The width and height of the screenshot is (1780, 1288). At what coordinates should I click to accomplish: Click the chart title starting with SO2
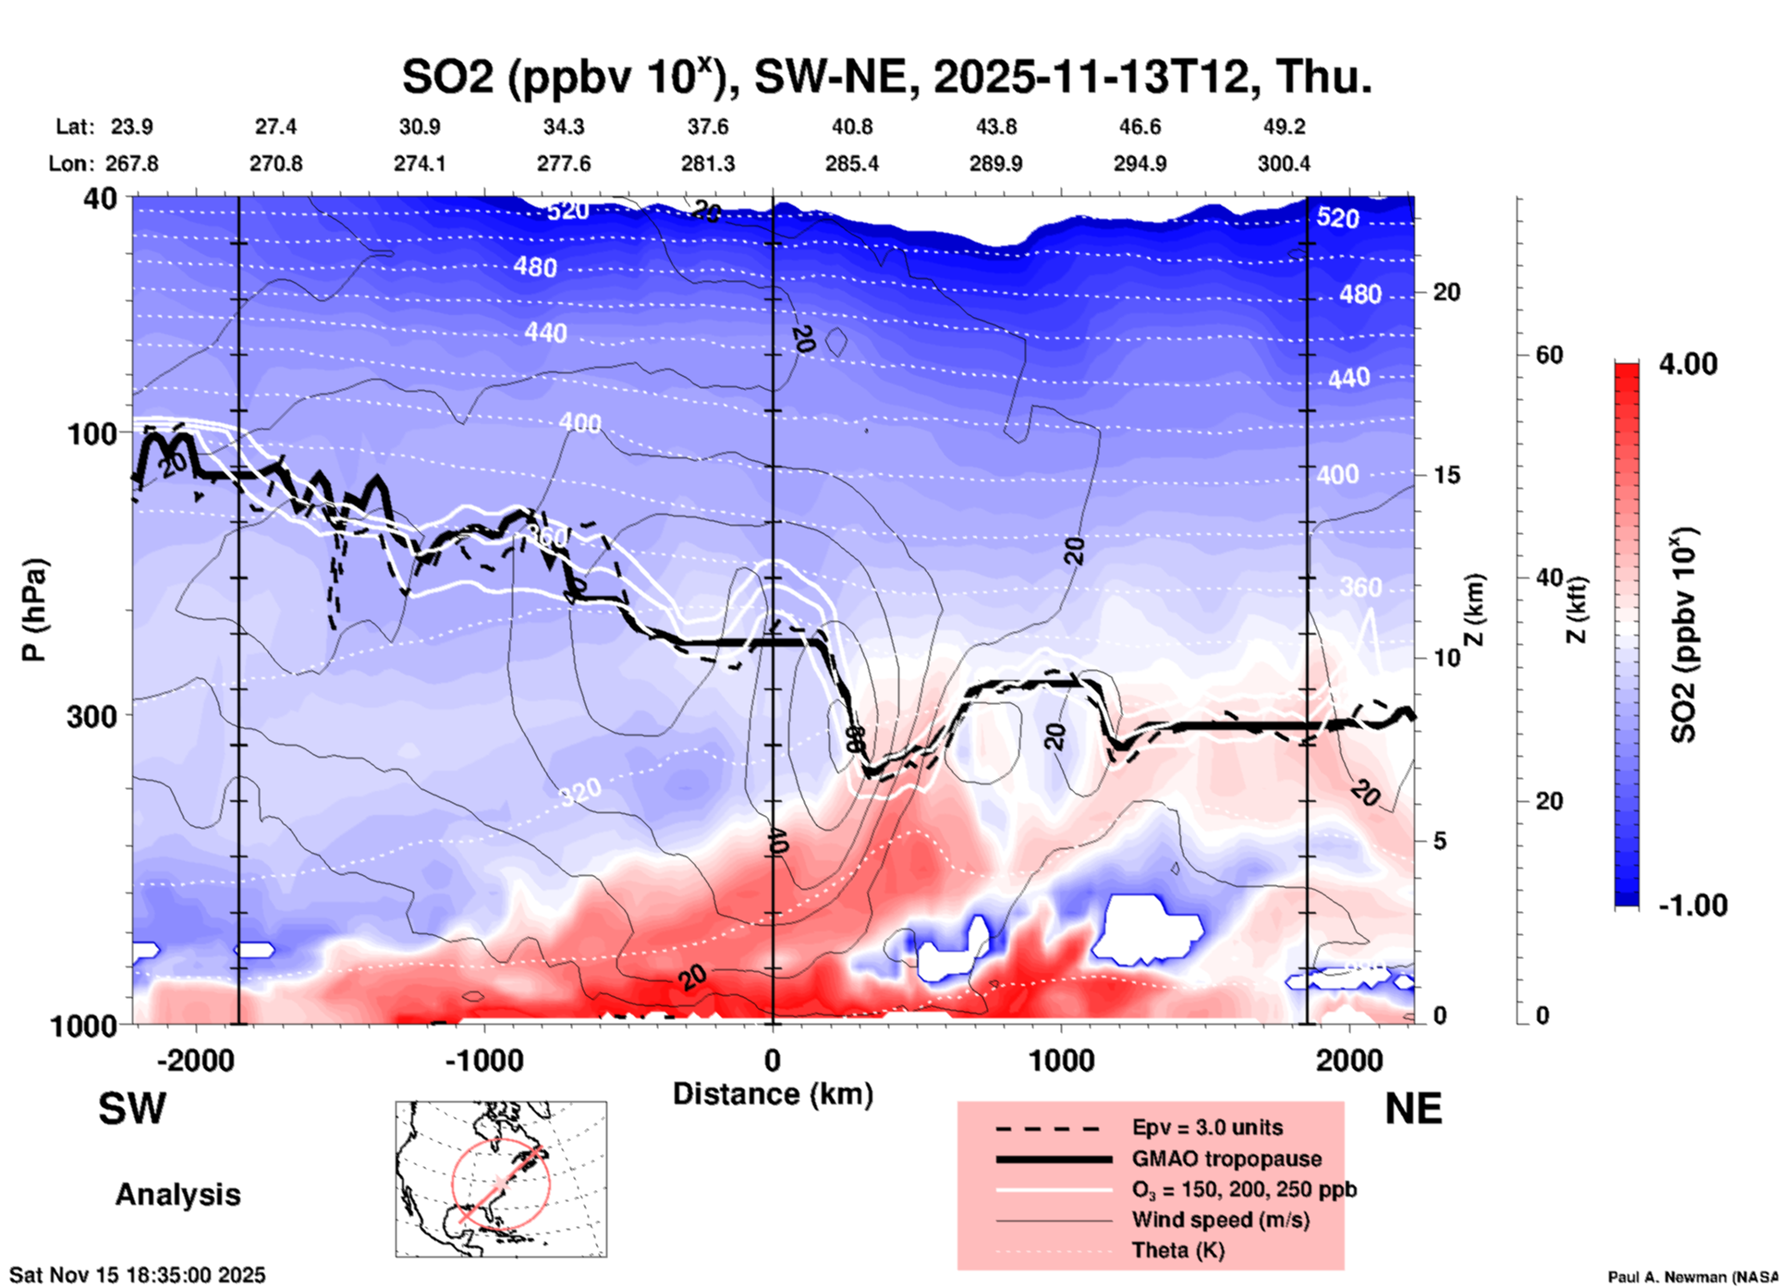tap(886, 76)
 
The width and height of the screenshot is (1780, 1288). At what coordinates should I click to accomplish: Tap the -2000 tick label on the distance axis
tap(195, 1060)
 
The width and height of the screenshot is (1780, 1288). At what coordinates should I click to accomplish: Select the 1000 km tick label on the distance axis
tap(1061, 1060)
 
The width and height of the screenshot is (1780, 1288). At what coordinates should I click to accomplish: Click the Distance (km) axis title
tap(773, 1094)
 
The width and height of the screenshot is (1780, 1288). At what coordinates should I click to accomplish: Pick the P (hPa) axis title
tap(34, 610)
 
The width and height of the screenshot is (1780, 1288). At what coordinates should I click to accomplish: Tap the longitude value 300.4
tap(1283, 164)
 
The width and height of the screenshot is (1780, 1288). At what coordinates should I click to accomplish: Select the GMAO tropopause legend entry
tap(1226, 1159)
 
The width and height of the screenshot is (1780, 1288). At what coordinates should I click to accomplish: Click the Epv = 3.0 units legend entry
tap(1207, 1127)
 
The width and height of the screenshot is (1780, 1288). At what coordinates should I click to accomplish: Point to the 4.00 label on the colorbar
tap(1688, 363)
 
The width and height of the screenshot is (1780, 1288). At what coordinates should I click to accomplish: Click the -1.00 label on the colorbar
tap(1692, 905)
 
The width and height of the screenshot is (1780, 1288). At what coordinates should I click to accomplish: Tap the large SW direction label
tap(132, 1109)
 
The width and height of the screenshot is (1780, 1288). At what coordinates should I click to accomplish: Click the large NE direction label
tap(1413, 1109)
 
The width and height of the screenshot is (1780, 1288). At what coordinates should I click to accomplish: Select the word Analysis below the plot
tap(177, 1195)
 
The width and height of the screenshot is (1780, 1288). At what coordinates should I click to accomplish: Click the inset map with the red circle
tap(501, 1179)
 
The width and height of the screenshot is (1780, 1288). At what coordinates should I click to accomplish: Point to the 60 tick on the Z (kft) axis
tap(1549, 355)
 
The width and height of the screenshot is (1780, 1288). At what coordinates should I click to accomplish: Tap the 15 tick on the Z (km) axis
tap(1446, 475)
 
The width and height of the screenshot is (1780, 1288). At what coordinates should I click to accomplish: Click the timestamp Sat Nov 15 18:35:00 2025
tap(138, 1275)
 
